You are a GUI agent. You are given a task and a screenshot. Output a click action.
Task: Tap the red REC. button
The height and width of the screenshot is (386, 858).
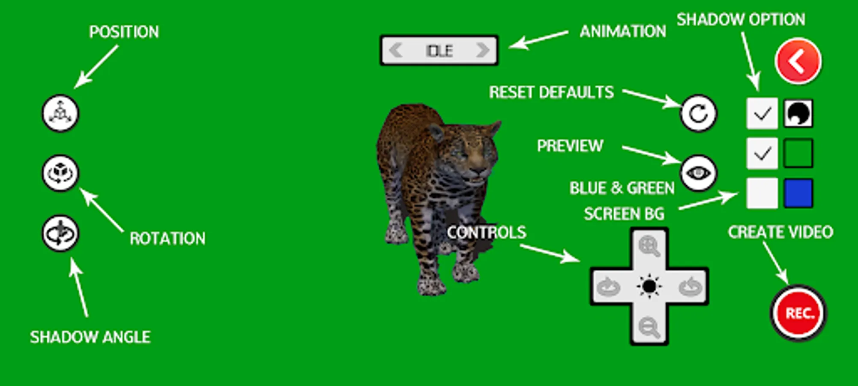coord(798,313)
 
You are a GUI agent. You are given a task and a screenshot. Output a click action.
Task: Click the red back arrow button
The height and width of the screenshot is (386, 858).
coord(798,61)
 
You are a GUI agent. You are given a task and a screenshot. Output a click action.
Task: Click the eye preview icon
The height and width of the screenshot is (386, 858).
coord(698,173)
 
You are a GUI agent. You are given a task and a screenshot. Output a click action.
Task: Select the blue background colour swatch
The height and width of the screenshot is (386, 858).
coord(798,193)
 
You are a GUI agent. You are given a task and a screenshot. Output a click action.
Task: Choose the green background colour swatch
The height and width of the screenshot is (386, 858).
coord(798,153)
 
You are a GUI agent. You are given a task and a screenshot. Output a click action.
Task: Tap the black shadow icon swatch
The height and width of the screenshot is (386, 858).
coord(798,114)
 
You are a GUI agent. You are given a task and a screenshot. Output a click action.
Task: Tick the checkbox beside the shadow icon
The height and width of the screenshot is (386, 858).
coord(762,114)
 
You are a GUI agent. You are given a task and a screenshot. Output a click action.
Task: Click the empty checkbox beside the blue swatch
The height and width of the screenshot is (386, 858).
coord(762,193)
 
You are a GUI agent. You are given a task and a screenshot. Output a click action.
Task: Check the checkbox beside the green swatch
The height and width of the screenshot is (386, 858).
coord(762,153)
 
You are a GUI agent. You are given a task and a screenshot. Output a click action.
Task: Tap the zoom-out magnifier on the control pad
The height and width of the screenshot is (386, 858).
coord(649,327)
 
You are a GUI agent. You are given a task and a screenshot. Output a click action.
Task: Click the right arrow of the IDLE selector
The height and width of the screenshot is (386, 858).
coord(483,50)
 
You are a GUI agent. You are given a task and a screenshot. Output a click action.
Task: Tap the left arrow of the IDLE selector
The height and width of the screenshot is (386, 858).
coord(395,50)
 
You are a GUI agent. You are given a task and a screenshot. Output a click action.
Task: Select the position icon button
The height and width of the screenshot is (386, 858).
coord(60,113)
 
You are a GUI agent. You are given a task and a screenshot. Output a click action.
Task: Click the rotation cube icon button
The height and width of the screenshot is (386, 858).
coord(60,173)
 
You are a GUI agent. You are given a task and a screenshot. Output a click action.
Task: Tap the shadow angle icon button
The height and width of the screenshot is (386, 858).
coord(60,233)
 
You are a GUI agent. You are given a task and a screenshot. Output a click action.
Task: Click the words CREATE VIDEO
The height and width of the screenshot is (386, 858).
coord(780,232)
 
